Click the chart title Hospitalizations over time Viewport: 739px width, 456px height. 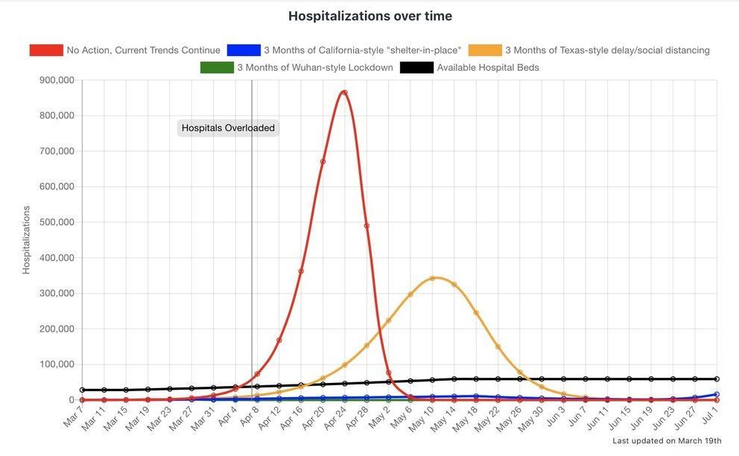coord(369,16)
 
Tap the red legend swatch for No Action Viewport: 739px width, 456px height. coord(45,50)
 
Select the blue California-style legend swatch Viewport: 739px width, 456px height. coord(244,50)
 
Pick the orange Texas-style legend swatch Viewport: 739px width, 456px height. coord(485,50)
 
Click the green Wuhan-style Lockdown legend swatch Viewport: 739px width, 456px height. coord(217,67)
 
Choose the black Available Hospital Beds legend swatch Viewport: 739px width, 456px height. coord(416,67)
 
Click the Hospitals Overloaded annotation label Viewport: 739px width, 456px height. coord(228,128)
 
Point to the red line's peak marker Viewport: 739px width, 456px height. coord(344,92)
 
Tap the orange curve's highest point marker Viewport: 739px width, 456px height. coord(432,279)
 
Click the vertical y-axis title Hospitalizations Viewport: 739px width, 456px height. coord(26,240)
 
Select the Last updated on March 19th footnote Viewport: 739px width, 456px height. coord(667,441)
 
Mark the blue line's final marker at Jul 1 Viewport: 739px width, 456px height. coord(717,394)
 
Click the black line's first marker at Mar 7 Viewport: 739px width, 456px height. coord(82,390)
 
